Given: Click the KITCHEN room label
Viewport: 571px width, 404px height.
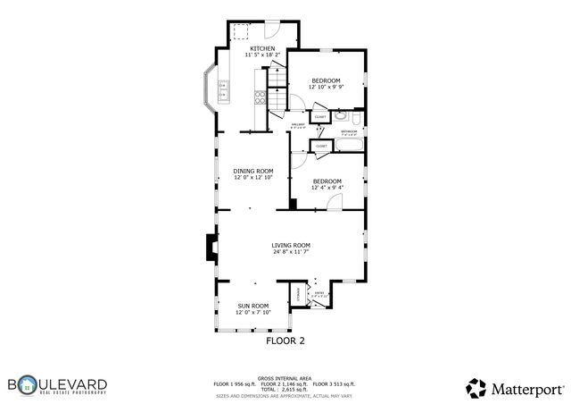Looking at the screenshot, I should point(262,48).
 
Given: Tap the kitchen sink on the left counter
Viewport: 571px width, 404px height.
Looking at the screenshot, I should point(222,90).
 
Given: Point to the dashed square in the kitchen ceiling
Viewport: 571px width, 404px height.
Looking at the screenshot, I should point(241,32).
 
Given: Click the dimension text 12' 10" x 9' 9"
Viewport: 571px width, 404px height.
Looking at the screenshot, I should point(326,88).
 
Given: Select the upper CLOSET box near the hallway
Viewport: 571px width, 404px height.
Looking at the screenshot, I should point(319,116).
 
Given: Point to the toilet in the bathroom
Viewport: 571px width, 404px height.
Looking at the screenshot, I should point(355,117).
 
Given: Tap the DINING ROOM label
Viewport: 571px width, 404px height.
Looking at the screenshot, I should point(253,171).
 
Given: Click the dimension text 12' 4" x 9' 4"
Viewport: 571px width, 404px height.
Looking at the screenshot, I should point(327,188).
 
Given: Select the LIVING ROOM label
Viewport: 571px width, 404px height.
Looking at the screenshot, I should point(291,245).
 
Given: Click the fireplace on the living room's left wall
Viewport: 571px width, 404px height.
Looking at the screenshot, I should point(211,248).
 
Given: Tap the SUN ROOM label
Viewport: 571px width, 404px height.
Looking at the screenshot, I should point(252,306).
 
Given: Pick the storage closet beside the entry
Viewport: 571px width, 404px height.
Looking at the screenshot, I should point(298,296).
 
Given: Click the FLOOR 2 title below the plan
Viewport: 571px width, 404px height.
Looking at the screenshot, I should point(285,341).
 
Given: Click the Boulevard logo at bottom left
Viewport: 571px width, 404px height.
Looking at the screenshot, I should point(58,385).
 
